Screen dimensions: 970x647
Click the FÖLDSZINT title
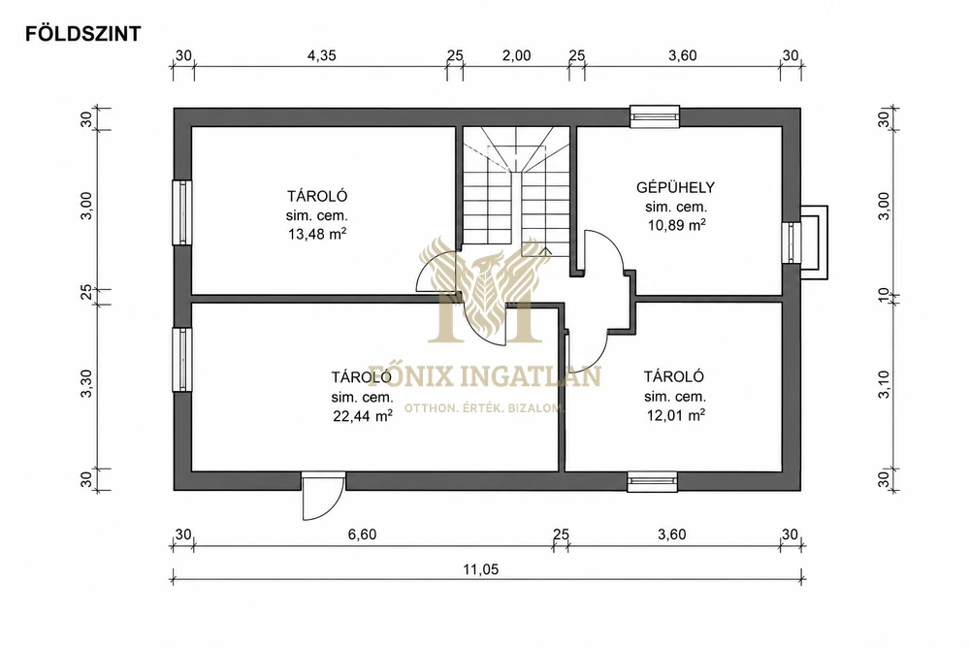click(82, 33)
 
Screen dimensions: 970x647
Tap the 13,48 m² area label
click(317, 234)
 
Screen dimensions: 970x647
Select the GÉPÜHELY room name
click(675, 187)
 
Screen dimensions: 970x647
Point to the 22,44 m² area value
click(363, 416)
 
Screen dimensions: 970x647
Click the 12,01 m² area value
click(676, 415)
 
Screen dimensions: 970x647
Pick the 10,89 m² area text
click(676, 225)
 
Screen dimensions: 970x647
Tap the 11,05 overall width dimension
click(481, 569)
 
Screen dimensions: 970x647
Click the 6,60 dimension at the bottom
click(362, 534)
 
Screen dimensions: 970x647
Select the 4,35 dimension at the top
click(322, 55)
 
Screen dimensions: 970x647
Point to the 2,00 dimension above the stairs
click(517, 55)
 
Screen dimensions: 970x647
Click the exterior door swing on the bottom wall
click(323, 497)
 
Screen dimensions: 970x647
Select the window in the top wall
click(655, 116)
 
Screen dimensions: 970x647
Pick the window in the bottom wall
click(652, 481)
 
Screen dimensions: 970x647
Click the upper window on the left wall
click(182, 212)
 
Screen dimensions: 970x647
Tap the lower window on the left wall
click(182, 359)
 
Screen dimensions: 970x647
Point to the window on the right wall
click(792, 243)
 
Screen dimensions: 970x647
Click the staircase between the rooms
click(516, 192)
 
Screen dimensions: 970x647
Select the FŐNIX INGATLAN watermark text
click(485, 376)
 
